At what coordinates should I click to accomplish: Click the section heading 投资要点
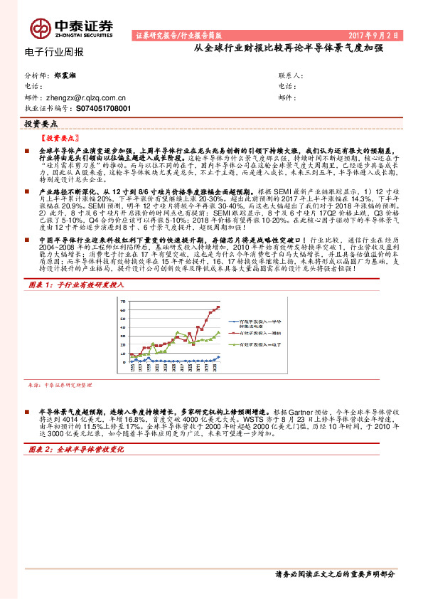[41, 123]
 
